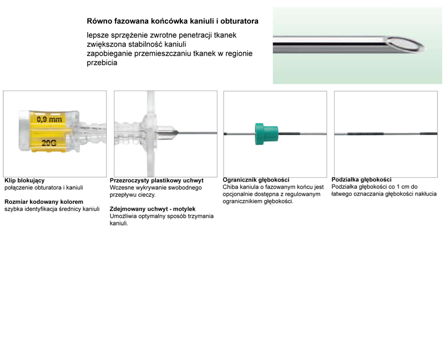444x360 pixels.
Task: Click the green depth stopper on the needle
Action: tap(266, 134)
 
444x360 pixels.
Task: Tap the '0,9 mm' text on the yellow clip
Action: tap(49, 119)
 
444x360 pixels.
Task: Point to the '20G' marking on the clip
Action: tap(49, 143)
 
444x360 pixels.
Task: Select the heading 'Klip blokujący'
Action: tap(24, 181)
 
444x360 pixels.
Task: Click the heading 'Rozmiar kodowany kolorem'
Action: tap(44, 202)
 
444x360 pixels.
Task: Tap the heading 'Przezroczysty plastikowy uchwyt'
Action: tap(157, 181)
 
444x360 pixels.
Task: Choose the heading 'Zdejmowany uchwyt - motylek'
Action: tap(153, 209)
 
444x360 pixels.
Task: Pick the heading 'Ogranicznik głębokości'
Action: tap(256, 179)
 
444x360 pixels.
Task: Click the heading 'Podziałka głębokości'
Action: tap(362, 179)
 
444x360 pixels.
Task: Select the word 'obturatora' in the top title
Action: tap(240, 21)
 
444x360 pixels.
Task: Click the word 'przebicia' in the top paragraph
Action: tap(102, 63)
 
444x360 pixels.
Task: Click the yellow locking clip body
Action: tap(48, 131)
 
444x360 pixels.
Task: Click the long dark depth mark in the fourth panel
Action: tap(366, 134)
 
